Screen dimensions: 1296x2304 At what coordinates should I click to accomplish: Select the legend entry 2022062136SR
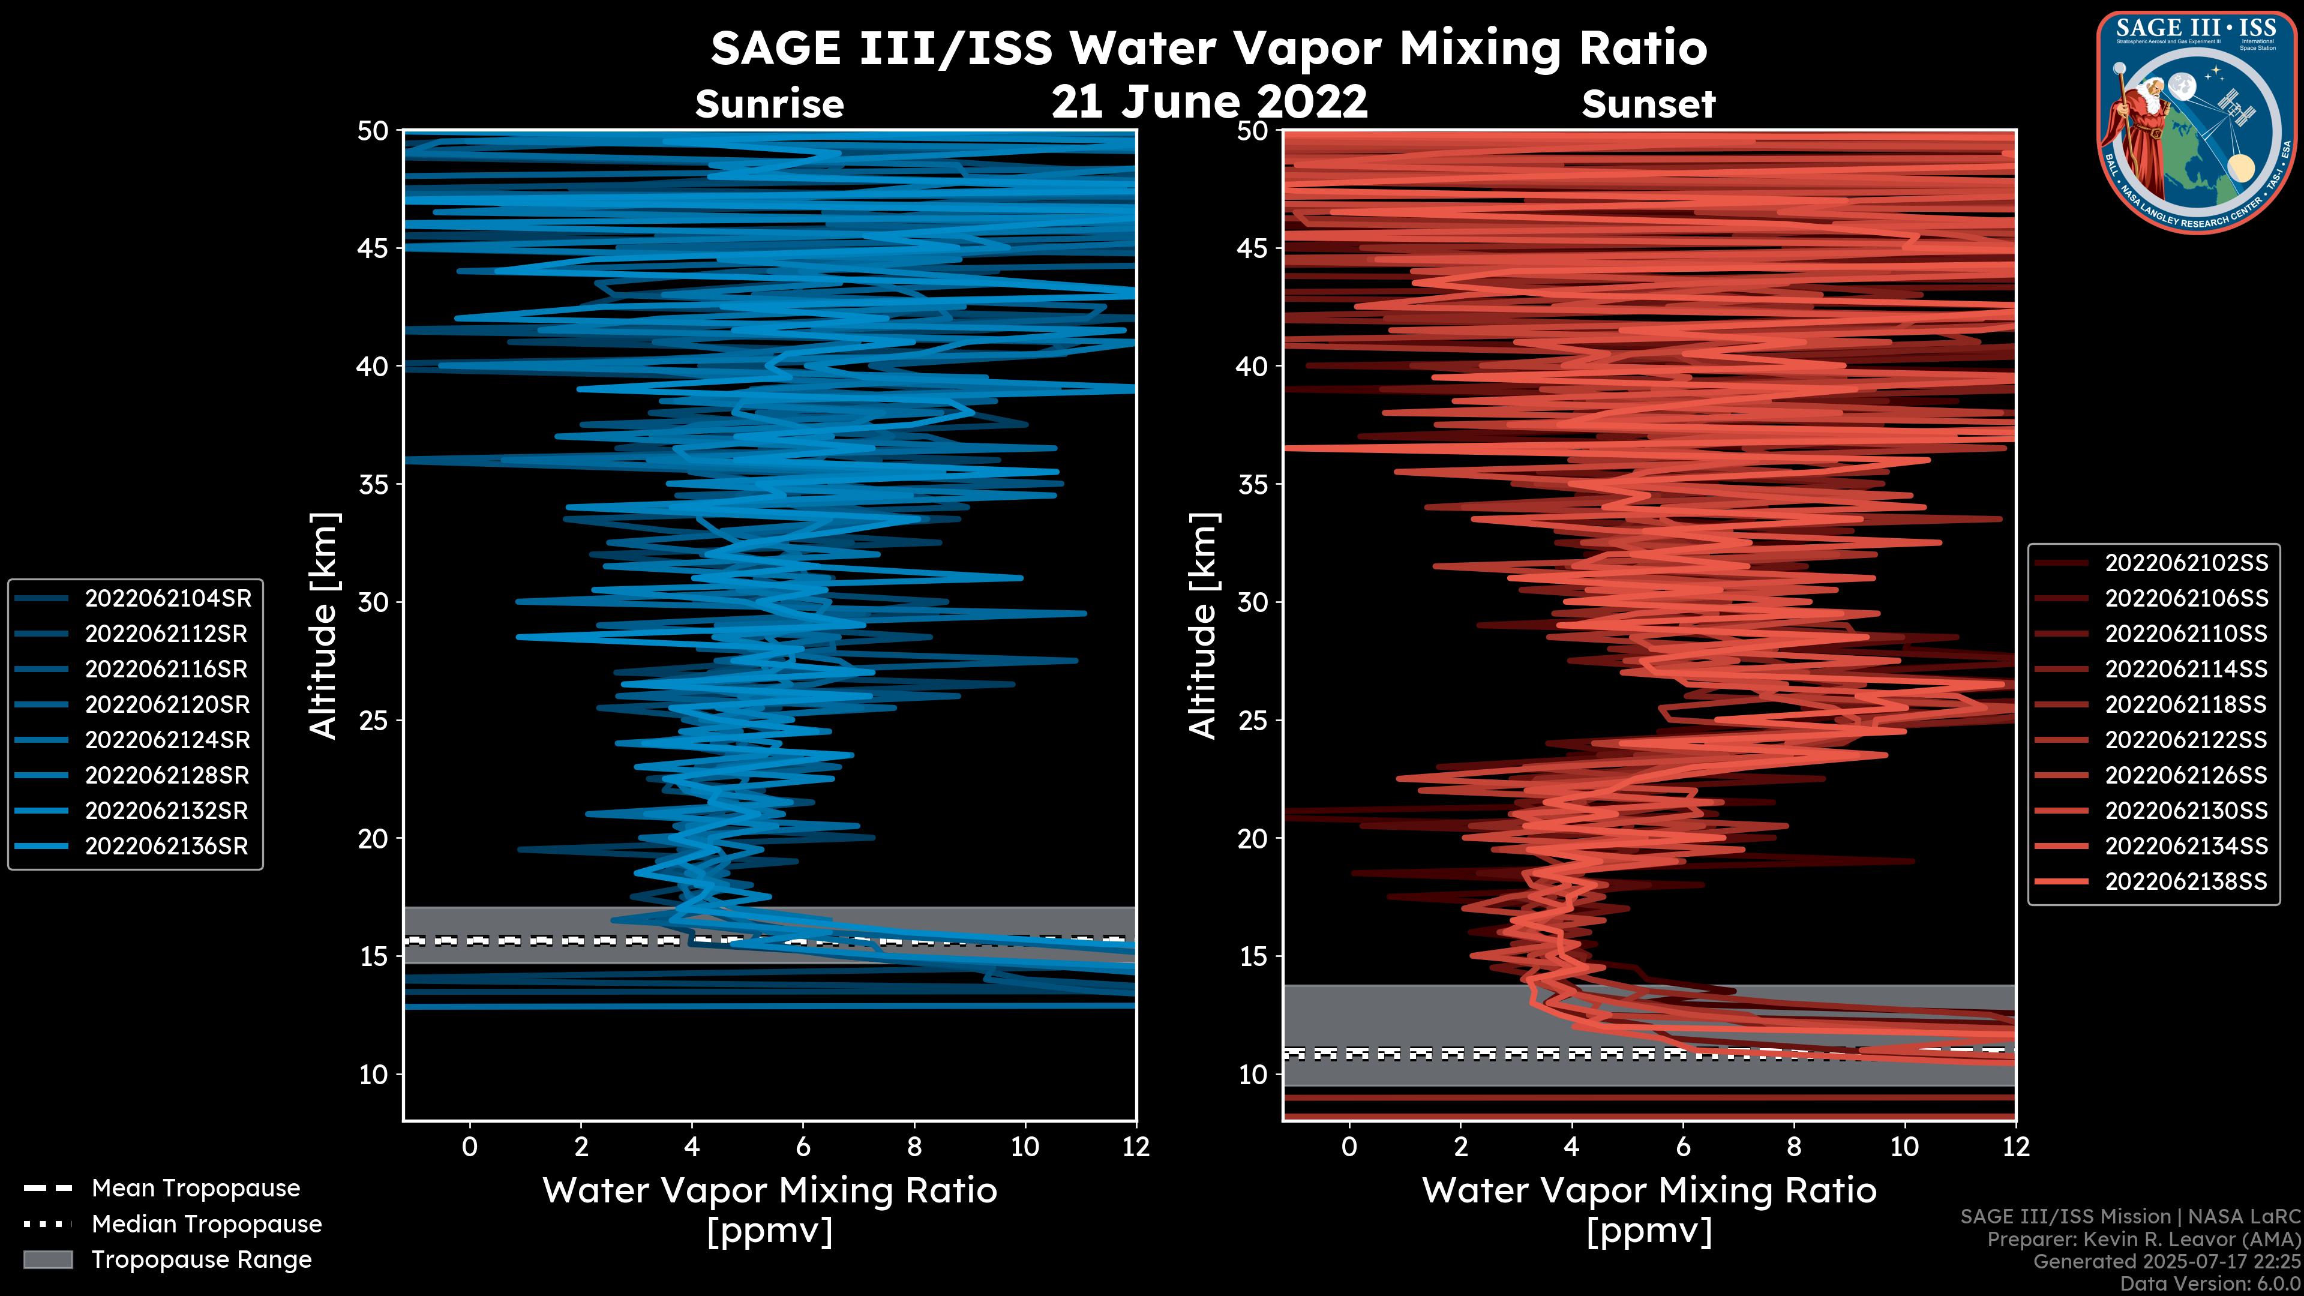[166, 846]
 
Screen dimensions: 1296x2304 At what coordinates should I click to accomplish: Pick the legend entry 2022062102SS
[2185, 563]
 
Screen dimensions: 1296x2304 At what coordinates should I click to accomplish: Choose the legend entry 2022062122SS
[2185, 740]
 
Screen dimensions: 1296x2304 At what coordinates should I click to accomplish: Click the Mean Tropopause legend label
[195, 1188]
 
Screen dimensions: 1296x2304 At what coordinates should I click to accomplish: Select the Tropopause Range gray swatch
[48, 1259]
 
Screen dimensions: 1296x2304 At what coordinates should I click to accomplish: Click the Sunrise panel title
[769, 104]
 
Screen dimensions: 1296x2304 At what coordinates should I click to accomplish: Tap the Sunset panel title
[1648, 104]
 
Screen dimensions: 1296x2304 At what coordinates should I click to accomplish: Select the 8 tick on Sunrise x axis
[914, 1147]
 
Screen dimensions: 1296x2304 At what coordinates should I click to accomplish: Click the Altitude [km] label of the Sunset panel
[1203, 626]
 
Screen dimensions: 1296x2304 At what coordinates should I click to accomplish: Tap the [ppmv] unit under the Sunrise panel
[769, 1232]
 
